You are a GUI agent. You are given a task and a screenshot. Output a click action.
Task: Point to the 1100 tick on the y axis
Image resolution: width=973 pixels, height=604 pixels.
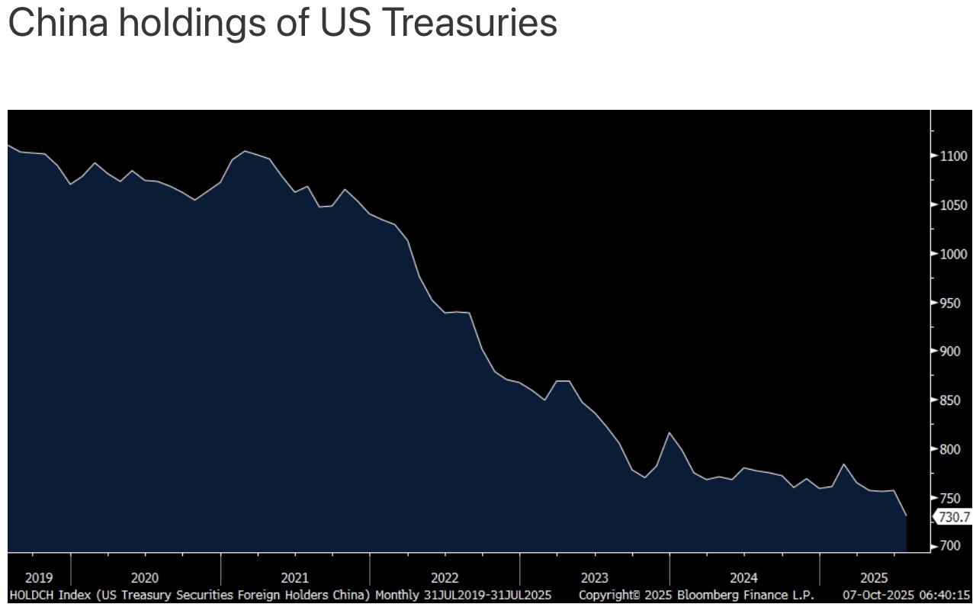click(x=953, y=156)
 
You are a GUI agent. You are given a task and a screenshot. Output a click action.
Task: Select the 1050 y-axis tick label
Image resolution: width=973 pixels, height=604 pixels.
click(x=953, y=205)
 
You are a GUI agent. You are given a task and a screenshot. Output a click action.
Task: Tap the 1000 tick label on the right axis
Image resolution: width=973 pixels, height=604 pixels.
click(x=953, y=254)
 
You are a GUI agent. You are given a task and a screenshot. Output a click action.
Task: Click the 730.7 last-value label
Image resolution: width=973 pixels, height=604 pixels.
click(x=954, y=517)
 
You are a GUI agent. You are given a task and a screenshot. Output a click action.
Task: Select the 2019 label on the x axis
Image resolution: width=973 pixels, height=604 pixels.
click(x=39, y=578)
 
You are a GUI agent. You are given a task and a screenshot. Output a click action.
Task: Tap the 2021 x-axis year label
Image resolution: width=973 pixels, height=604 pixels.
click(x=294, y=578)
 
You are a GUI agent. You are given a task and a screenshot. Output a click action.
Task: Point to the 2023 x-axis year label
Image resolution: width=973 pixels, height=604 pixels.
click(x=594, y=578)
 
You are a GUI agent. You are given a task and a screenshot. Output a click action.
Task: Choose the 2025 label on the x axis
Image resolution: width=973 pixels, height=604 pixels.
click(x=874, y=578)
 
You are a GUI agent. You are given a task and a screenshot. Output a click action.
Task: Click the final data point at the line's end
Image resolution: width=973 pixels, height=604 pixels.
click(x=906, y=516)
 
